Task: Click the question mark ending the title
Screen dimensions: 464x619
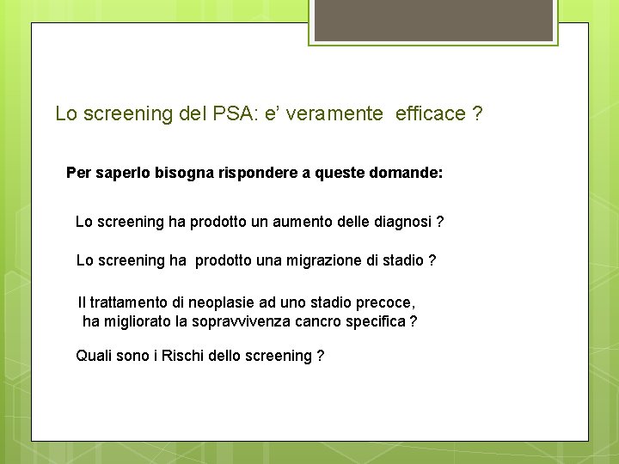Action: pos(477,113)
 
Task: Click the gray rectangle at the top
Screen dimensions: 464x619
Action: pos(433,21)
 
